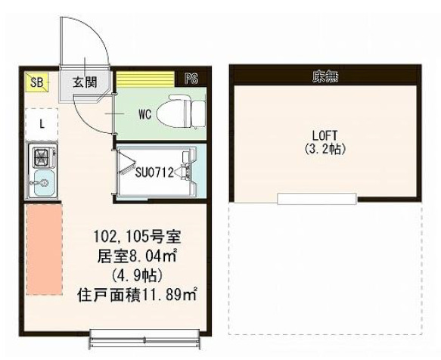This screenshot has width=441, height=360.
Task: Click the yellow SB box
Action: click(x=36, y=82)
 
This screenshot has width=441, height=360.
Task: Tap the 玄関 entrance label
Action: click(x=84, y=82)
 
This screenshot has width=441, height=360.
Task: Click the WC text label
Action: click(x=146, y=114)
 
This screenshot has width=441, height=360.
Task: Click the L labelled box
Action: click(x=42, y=122)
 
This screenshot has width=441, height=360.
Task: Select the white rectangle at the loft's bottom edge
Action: click(x=316, y=199)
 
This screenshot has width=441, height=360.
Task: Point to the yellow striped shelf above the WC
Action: click(x=146, y=79)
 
